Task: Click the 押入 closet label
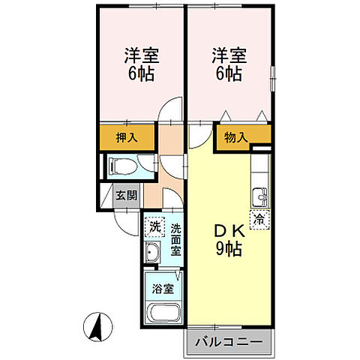(126, 138)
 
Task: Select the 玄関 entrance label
(126, 196)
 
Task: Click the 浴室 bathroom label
(162, 288)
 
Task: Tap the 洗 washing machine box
(154, 225)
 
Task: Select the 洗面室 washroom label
(175, 239)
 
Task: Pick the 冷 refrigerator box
(259, 220)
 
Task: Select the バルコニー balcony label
(229, 342)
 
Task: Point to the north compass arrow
(98, 326)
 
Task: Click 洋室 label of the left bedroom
(142, 55)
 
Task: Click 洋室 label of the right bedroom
(229, 55)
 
